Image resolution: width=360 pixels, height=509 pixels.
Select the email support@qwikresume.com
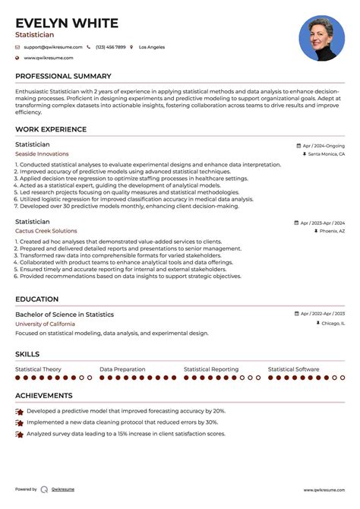pos(52,47)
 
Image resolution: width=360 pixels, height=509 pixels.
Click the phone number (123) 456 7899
pos(110,47)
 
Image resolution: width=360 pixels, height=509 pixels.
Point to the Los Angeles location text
pos(151,47)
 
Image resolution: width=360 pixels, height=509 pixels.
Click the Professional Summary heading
pos(64,77)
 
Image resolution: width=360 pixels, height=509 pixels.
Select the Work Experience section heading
pos(50,130)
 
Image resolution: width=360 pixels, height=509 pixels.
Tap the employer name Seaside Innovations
pos(42,153)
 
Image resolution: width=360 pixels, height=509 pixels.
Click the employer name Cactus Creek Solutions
pos(46,231)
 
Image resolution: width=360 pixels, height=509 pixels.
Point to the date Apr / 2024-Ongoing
pos(323,145)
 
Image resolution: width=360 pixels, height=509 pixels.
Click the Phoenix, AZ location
pos(331,231)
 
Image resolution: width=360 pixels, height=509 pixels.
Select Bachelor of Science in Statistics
pos(65,315)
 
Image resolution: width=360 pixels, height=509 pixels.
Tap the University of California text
pos(45,324)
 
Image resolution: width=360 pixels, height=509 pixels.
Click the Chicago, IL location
pos(332,324)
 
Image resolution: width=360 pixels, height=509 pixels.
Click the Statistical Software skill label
pos(294,369)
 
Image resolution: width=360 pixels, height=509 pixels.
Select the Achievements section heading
pos(44,396)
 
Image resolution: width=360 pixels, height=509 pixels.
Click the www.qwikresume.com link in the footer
pos(324,490)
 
